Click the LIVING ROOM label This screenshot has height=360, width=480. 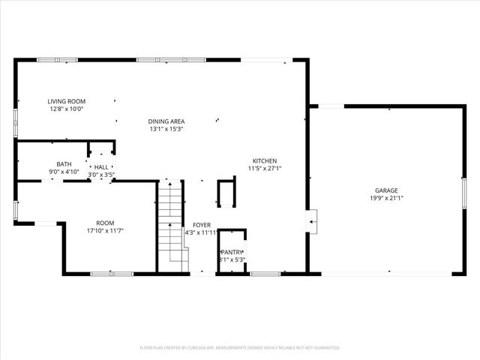click(66, 101)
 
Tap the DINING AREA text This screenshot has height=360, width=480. click(166, 121)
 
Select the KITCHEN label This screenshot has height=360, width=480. click(265, 161)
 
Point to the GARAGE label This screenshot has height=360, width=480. click(386, 190)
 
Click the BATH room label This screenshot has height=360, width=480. click(64, 164)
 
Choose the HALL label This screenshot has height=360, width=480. click(101, 167)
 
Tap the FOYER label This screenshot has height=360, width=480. click(201, 225)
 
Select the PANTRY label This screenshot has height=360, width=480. click(232, 252)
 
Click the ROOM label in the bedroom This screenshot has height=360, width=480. click(105, 223)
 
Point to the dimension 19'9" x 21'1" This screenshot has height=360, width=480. click(386, 199)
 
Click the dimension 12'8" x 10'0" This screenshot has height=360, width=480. click(66, 109)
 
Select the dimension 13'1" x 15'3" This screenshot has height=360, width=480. click(166, 129)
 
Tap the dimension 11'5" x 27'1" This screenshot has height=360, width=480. click(265, 169)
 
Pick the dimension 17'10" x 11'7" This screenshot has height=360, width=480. click(105, 231)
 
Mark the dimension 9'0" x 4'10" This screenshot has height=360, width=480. click(64, 172)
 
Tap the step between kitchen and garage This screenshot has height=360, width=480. click(313, 220)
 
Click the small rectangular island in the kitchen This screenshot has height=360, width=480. click(226, 193)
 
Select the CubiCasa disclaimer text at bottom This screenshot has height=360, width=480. click(240, 348)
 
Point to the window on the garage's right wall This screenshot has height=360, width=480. click(464, 194)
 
